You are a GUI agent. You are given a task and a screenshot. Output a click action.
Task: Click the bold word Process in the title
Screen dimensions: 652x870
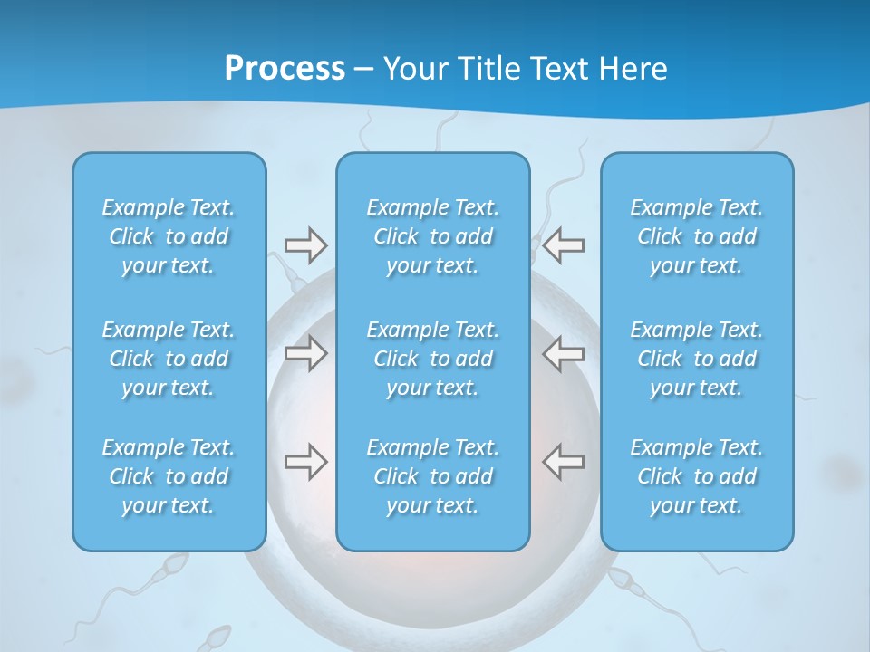[285, 69]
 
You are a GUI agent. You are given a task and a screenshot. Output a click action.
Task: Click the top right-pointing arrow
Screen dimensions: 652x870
[305, 245]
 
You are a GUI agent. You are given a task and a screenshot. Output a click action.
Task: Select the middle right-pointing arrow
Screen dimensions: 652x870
[305, 353]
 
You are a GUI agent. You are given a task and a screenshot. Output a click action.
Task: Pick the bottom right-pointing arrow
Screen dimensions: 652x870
[305, 462]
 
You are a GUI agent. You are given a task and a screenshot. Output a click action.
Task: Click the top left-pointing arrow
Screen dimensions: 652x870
[563, 245]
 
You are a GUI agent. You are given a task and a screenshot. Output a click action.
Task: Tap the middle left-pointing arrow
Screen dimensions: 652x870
[563, 353]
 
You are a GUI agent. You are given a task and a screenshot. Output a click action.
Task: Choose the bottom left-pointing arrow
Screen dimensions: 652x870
[563, 462]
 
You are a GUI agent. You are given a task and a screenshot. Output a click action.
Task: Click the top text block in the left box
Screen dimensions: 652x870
[169, 236]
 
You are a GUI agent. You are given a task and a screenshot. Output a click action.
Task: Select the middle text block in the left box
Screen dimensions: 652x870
[169, 359]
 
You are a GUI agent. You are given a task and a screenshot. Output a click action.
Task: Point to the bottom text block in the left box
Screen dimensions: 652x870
[169, 476]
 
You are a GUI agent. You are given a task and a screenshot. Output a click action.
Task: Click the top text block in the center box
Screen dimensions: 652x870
[433, 236]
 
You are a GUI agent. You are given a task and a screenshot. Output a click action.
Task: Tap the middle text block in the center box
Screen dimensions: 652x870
[433, 359]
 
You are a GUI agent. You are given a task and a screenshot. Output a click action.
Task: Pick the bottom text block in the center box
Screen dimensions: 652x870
[433, 476]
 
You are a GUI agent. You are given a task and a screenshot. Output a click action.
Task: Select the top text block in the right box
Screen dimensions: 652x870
[697, 236]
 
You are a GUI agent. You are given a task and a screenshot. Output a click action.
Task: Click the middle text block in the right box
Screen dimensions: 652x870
[697, 359]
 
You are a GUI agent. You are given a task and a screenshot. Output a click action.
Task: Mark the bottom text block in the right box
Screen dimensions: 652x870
[697, 476]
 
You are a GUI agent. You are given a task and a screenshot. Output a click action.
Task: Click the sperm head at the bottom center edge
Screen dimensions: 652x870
[219, 633]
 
